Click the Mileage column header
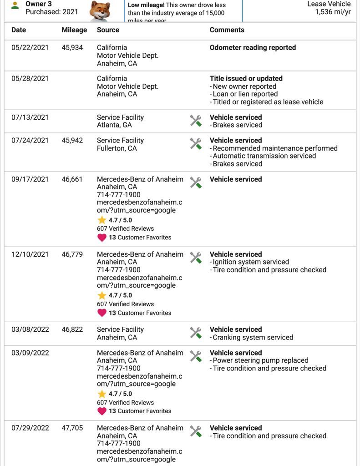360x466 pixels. click(74, 30)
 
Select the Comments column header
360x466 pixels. click(227, 30)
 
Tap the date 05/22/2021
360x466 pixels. click(30, 48)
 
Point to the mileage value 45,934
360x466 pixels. click(72, 48)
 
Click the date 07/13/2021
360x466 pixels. click(30, 117)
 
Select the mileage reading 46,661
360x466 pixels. click(72, 179)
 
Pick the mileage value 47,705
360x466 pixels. click(72, 428)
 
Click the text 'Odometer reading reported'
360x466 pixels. click(253, 48)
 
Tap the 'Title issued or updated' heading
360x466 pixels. click(246, 79)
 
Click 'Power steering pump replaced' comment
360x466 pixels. click(260, 360)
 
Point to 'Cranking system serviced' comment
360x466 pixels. click(253, 338)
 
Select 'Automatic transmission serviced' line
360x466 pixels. click(264, 156)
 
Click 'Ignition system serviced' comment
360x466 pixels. click(251, 262)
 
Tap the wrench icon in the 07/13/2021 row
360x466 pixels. click(196, 121)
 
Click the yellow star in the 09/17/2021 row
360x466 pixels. click(102, 220)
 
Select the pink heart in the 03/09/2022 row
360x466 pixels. click(102, 411)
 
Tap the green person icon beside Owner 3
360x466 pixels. click(15, 5)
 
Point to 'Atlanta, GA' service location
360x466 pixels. click(114, 125)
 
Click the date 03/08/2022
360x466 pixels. click(30, 329)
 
